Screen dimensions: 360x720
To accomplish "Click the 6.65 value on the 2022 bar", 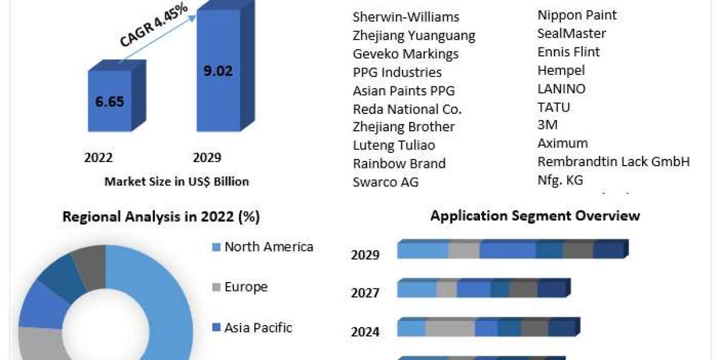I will coord(109,101).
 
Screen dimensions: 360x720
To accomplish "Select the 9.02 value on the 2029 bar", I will coord(218,71).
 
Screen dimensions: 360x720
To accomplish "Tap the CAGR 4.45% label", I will coord(154,26).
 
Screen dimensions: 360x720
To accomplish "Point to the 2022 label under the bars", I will coord(98,157).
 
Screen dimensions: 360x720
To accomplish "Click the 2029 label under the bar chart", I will coord(207,157).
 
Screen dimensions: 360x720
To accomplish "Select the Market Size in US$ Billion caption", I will coord(176,181).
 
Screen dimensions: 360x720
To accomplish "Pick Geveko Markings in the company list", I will coord(406,54).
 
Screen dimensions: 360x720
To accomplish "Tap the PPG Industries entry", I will coord(397,73).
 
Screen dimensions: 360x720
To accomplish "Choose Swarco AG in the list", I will coord(386,182).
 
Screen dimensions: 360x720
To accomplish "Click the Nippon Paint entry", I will coord(577,15).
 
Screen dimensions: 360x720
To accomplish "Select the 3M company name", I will coord(548,125).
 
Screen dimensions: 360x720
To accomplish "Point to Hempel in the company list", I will coord(561,70).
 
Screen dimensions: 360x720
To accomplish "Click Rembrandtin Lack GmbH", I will coord(614,161).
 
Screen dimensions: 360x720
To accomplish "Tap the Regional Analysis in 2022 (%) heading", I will coord(161,217).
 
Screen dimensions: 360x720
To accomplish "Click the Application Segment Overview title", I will coord(535,215).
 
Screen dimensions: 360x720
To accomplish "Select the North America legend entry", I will coord(268,247).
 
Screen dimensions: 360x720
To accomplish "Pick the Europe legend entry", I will coord(245,287).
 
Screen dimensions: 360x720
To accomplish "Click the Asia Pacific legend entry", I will coord(258,328).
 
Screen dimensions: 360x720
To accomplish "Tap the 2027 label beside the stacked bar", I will coord(365,293).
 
